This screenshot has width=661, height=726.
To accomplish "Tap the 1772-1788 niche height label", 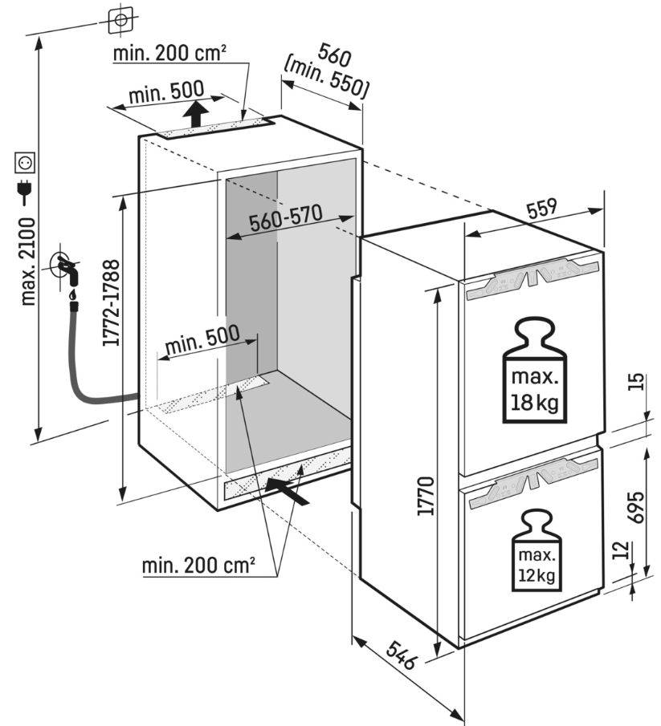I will tap(112, 302).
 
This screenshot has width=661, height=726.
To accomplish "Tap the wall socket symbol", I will tap(25, 164).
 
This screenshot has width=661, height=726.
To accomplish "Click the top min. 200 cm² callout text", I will tap(169, 54).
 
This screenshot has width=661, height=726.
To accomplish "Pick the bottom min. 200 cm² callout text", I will tap(198, 566).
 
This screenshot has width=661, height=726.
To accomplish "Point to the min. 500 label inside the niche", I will tap(202, 341).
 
